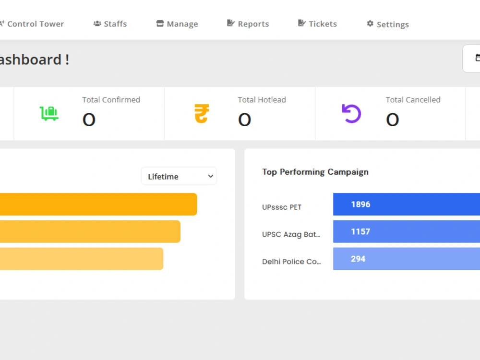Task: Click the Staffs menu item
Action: [110, 24]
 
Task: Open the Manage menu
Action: [177, 24]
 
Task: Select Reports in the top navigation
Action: [248, 24]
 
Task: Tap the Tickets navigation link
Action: [317, 24]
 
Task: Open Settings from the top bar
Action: [388, 24]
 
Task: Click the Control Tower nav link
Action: [32, 24]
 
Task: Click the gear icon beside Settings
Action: [370, 24]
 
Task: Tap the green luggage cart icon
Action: [49, 114]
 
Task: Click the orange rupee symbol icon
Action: [202, 114]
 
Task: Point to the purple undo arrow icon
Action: [351, 114]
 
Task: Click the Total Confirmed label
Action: [111, 100]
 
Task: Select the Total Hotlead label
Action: [262, 100]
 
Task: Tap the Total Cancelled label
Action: [413, 100]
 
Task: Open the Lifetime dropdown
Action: [179, 176]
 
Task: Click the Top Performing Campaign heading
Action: [315, 172]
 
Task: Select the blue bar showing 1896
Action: [407, 204]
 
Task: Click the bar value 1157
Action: [360, 231]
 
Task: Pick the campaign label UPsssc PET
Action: [282, 207]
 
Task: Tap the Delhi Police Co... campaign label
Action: [291, 262]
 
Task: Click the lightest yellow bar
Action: [82, 259]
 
